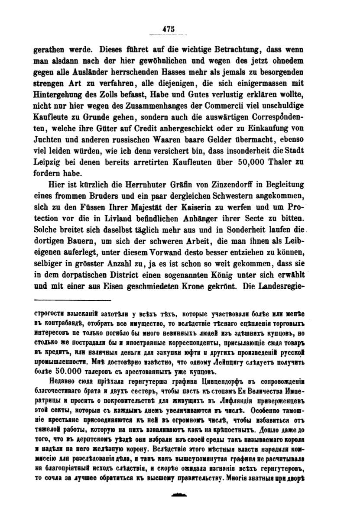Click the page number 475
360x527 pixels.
coord(168,29)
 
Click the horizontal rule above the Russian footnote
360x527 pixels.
coord(72,300)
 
